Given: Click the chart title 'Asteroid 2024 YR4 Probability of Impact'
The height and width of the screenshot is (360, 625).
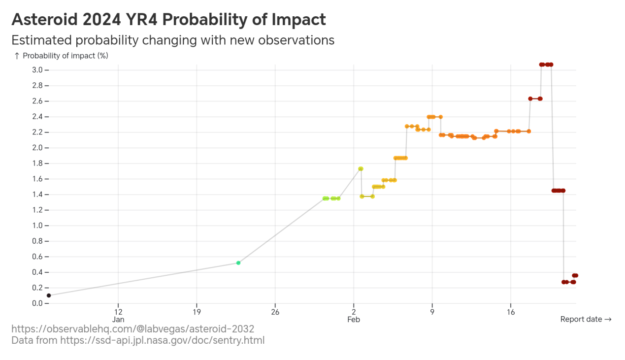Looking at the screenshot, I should pyautogui.click(x=168, y=20).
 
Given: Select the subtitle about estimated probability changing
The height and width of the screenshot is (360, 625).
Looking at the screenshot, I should pyautogui.click(x=173, y=40).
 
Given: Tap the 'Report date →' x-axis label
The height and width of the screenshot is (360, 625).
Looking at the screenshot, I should pyautogui.click(x=586, y=319).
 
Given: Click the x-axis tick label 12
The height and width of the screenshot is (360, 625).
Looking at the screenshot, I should pyautogui.click(x=118, y=312).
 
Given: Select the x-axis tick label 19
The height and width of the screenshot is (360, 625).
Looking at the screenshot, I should pyautogui.click(x=197, y=312).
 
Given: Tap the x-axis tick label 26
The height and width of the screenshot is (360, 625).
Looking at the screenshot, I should pyautogui.click(x=275, y=312).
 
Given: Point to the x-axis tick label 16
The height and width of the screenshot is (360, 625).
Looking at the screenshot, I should pyautogui.click(x=510, y=312).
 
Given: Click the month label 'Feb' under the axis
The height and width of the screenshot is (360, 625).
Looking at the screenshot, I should pyautogui.click(x=354, y=320).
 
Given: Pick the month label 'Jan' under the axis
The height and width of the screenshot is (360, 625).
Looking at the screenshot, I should pyautogui.click(x=118, y=320).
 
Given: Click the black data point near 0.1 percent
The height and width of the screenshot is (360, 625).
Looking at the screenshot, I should pyautogui.click(x=49, y=295).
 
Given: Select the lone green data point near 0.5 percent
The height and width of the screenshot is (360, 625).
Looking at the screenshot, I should pyautogui.click(x=238, y=263).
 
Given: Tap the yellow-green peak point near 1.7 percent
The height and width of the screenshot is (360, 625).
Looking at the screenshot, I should pyautogui.click(x=361, y=169).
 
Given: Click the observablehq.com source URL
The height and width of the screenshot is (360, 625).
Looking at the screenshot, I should pyautogui.click(x=133, y=329).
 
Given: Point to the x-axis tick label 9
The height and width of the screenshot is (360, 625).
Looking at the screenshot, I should pyautogui.click(x=432, y=312).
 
